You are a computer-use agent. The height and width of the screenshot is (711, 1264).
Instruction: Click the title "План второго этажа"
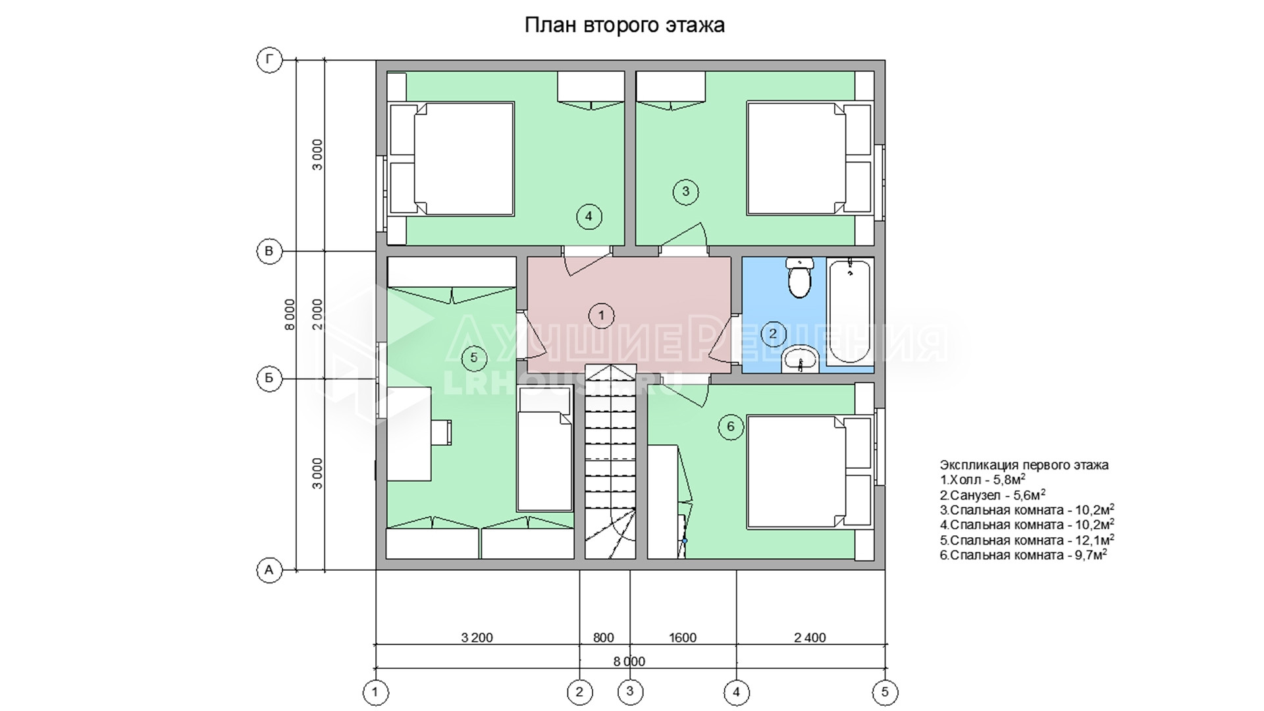point(624,25)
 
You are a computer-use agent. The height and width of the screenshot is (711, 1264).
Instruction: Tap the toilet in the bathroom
point(800,278)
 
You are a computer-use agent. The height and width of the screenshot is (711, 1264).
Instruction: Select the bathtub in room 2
point(850,311)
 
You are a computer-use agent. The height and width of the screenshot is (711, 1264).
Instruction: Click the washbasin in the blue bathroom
point(800,359)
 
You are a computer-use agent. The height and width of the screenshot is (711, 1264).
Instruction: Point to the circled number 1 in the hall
point(601,316)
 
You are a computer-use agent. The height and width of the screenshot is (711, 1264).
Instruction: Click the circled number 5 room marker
point(474,358)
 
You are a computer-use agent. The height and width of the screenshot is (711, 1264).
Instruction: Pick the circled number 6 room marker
point(731,427)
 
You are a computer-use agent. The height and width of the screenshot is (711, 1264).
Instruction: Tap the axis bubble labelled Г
point(269,61)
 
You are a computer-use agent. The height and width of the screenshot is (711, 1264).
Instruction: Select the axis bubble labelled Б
point(269,379)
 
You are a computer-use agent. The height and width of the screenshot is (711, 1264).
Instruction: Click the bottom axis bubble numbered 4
point(736,692)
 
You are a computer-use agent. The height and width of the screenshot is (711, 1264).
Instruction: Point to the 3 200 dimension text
point(477,637)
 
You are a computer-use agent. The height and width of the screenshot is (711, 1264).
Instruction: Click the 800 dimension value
point(604,637)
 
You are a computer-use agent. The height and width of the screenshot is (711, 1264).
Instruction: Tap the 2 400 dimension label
point(810,637)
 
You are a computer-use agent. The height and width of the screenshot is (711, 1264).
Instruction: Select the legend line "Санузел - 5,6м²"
point(993,494)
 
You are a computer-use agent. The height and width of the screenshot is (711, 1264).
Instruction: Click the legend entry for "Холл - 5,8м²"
point(983,479)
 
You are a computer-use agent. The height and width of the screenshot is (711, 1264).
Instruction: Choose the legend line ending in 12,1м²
point(1027,540)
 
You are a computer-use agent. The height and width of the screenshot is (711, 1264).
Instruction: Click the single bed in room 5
point(544,450)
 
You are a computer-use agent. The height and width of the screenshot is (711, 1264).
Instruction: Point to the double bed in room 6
point(810,471)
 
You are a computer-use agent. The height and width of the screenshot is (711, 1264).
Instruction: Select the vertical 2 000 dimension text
point(317,315)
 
